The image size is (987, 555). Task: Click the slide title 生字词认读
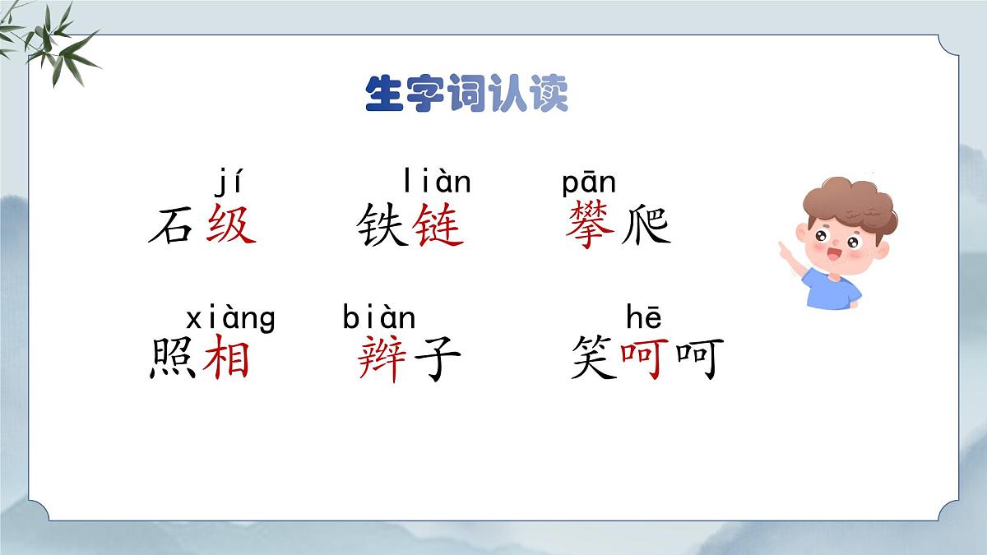tap(466, 95)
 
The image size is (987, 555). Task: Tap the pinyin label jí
tap(229, 180)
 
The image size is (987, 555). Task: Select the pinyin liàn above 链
tap(437, 180)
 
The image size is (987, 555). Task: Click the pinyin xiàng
tap(230, 317)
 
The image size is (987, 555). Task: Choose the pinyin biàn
tap(379, 317)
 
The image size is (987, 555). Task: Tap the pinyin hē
tap(643, 317)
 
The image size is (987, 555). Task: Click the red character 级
tap(230, 224)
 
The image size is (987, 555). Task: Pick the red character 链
tap(438, 224)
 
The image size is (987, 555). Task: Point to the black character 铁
tap(382, 224)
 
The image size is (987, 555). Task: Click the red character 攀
tap(590, 224)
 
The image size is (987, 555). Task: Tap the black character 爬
tap(646, 224)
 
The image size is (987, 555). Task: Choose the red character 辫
tap(382, 359)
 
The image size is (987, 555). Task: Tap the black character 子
tap(436, 359)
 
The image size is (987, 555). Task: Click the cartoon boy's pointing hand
tap(785, 247)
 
